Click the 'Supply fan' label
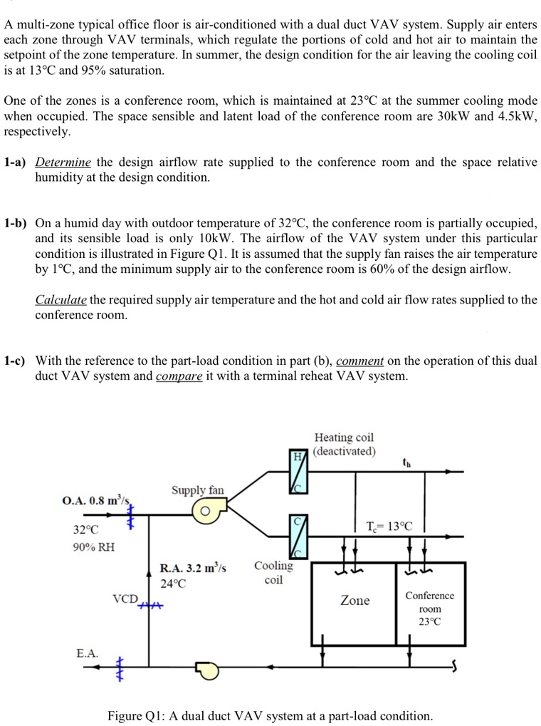[x=197, y=490]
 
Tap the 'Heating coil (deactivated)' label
[x=344, y=444]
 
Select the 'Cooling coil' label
[x=273, y=572]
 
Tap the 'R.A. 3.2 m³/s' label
[x=192, y=568]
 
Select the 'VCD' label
[x=125, y=598]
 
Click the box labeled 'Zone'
[x=354, y=601]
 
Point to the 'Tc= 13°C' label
[x=389, y=527]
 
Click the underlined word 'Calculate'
[x=61, y=299]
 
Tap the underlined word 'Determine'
[x=63, y=162]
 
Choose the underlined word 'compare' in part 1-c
[x=179, y=375]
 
